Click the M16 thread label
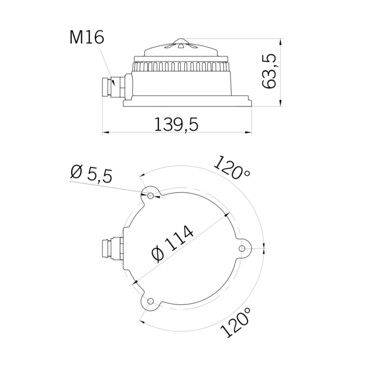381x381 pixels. point(86,37)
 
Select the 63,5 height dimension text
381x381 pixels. point(270,71)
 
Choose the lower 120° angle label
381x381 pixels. point(236,322)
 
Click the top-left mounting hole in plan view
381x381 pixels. point(150,196)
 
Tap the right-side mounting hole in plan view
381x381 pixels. point(242,248)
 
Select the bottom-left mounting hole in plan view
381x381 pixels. point(151,301)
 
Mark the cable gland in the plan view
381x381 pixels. point(112,248)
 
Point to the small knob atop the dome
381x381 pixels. point(183,41)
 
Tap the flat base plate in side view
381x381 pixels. point(187,102)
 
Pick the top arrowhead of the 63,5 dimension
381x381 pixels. point(281,41)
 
